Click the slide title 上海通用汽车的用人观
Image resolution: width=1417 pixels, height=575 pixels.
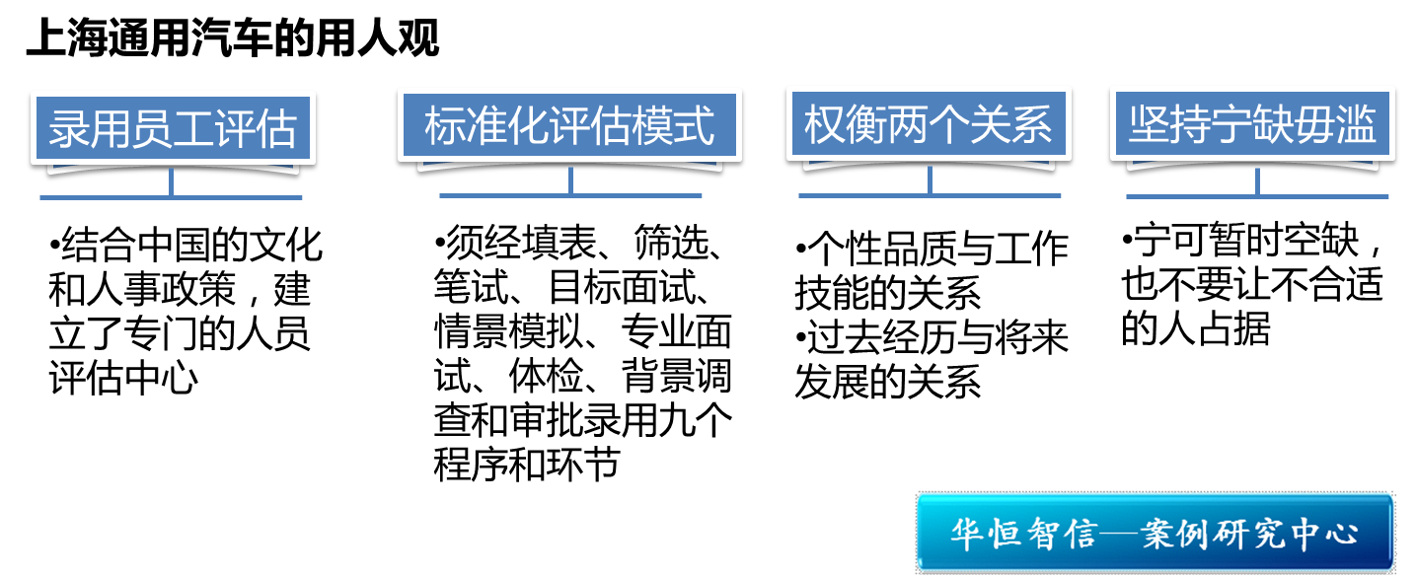232,40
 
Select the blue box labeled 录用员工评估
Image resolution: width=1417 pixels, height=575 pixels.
172,128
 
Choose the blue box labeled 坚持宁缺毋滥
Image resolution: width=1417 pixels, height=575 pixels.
1252,127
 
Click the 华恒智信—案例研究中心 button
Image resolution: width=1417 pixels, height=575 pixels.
1154,534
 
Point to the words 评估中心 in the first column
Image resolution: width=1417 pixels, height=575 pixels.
122,379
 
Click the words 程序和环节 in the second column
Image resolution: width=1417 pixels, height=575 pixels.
526,463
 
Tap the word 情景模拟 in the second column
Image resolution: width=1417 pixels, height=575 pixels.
507,332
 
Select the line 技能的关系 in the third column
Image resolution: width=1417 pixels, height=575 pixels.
887,293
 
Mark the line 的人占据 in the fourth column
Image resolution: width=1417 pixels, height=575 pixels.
1195,329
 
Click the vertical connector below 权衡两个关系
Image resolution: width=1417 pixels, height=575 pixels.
930,180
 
